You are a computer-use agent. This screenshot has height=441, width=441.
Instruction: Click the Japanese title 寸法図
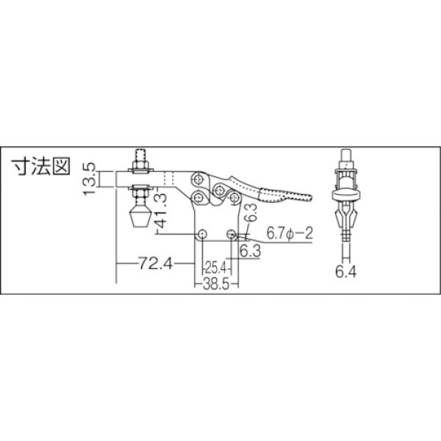[40, 166]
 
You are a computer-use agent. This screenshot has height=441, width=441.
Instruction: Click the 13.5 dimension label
[88, 179]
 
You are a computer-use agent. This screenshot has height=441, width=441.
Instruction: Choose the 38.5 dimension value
[212, 282]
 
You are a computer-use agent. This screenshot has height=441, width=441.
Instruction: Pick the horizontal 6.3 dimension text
[251, 251]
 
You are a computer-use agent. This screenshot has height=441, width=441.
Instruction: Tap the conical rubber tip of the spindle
[140, 218]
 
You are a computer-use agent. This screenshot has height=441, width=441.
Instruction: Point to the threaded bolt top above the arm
[140, 158]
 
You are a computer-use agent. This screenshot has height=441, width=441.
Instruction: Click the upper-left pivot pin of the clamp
[198, 179]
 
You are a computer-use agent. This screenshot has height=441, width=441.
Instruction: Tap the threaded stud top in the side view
[346, 158]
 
